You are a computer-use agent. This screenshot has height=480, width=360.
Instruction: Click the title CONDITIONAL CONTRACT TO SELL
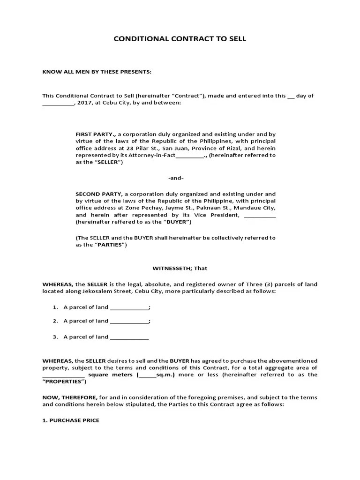click(x=180, y=39)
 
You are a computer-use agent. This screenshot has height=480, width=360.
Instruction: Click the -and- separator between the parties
click(x=176, y=178)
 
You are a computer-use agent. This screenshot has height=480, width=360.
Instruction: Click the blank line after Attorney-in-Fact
click(x=189, y=155)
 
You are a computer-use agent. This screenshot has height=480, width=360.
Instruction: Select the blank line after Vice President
click(x=260, y=215)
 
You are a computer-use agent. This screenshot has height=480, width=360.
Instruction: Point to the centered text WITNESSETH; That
click(x=180, y=269)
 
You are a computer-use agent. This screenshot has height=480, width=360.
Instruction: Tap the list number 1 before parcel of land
click(x=55, y=307)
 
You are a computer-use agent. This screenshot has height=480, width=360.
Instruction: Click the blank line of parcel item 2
click(x=129, y=322)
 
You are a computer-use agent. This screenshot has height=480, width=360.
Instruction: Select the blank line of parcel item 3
click(x=129, y=337)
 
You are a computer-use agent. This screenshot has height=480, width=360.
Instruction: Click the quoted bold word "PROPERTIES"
click(x=64, y=382)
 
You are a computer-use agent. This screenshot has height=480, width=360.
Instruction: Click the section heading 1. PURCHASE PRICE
click(x=71, y=420)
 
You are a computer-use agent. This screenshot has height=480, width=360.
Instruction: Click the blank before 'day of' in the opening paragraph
click(x=291, y=96)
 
